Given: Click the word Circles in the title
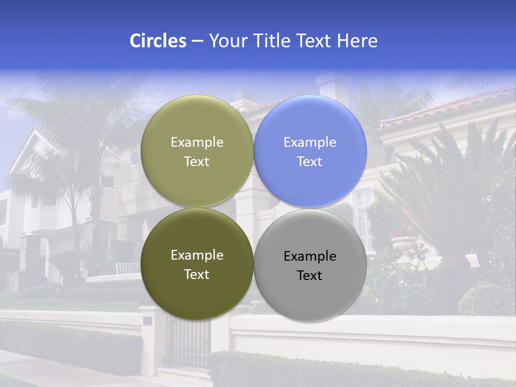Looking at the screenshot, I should point(157,41).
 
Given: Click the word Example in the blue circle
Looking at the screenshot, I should point(310,142).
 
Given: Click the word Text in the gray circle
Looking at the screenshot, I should point(310,276).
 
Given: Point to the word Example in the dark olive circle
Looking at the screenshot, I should point(197,255).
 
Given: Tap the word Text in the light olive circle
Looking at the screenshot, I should point(197,162).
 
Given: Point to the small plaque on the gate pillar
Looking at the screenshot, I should point(147,321).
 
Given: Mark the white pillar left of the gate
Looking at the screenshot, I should point(153,339).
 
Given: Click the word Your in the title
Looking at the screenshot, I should point(227,41).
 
